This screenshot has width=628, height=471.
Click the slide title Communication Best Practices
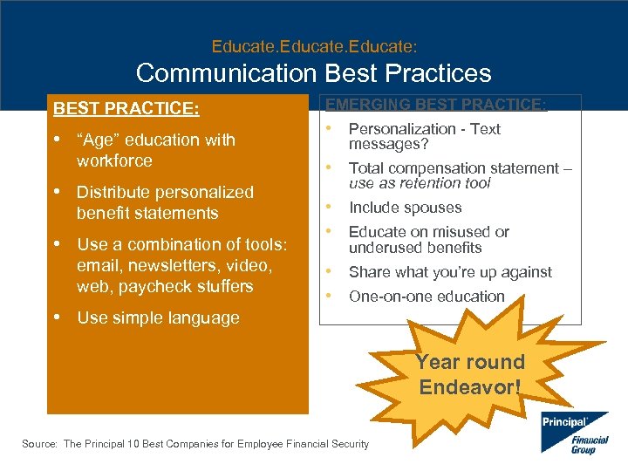[x=314, y=73]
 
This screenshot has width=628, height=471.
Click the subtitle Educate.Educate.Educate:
[x=313, y=44]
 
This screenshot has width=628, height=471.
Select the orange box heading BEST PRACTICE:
[x=126, y=109]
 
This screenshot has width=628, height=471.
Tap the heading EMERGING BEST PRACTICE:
[x=437, y=105]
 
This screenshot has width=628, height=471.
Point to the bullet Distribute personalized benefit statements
[x=165, y=202]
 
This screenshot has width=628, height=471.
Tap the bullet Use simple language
[x=158, y=317]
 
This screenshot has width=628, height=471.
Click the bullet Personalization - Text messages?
[x=424, y=135]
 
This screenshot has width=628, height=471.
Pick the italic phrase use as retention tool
[x=420, y=183]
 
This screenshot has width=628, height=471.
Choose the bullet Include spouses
[x=405, y=208]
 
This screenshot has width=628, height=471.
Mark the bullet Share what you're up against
[x=450, y=272]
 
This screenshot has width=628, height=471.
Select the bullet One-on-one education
[x=427, y=297]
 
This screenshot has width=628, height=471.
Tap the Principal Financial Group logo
[x=573, y=432]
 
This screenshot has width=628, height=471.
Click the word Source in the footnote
[x=38, y=444]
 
